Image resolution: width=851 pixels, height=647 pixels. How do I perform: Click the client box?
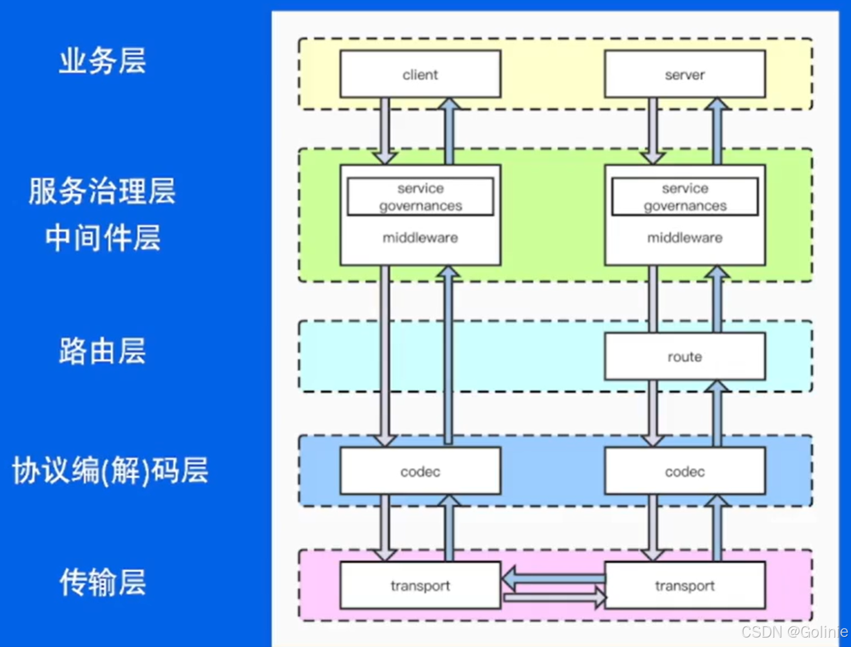[x=420, y=74]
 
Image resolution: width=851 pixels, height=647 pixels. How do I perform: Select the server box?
[x=684, y=74]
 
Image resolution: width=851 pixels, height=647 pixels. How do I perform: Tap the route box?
[x=684, y=356]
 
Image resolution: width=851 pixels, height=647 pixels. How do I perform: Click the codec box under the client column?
[x=420, y=471]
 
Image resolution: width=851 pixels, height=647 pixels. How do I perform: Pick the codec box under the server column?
[x=684, y=471]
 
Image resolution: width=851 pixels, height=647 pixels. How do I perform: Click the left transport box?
[x=420, y=585]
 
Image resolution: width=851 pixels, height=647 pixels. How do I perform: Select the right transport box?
[x=684, y=585]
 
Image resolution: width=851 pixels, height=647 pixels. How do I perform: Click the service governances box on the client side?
[x=420, y=197]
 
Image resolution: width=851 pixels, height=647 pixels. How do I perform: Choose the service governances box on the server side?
[x=684, y=197]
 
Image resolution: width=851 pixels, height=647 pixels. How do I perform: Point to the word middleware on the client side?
[x=420, y=237]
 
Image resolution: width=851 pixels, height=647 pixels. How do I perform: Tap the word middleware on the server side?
[x=684, y=237]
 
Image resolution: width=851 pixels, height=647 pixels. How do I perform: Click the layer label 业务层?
[x=102, y=61]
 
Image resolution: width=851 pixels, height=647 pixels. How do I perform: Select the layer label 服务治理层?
[x=102, y=191]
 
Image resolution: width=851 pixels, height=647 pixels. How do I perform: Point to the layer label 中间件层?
[x=102, y=238]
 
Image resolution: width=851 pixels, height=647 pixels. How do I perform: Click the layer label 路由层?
[x=102, y=351]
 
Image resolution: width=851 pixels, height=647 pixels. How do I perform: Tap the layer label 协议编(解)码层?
[x=110, y=471]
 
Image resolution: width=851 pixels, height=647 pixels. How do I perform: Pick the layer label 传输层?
[x=102, y=582]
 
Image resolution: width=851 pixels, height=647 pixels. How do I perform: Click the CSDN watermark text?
[x=793, y=632]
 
